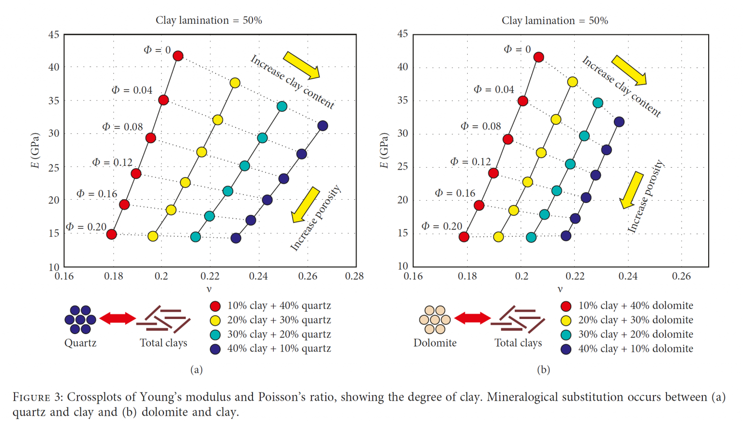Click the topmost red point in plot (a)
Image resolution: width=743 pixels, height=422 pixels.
(178, 56)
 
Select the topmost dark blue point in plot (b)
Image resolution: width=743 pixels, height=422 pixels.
(619, 122)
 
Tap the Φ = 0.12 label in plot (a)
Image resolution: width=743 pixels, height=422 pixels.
(112, 162)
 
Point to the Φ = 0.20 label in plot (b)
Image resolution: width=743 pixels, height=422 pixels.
(442, 226)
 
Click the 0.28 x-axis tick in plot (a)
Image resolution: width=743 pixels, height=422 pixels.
(355, 276)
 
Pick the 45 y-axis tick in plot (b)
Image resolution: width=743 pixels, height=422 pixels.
(402, 34)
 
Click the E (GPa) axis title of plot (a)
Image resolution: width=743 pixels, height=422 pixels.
(35, 150)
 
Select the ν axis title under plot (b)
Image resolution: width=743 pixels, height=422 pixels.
(560, 289)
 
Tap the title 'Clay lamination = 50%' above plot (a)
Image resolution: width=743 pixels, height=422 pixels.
(208, 20)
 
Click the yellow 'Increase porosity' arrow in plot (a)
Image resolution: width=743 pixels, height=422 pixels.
(306, 204)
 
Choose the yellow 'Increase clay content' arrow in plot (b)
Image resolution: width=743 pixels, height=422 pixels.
(629, 70)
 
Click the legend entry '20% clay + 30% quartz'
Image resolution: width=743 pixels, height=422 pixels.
(279, 320)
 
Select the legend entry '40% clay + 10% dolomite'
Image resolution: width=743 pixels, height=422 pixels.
(635, 349)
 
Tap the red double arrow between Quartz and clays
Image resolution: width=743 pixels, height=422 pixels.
(117, 319)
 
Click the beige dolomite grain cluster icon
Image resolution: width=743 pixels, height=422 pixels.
(434, 320)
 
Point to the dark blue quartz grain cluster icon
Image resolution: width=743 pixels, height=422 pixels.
(80, 320)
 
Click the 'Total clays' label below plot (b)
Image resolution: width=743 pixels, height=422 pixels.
(518, 343)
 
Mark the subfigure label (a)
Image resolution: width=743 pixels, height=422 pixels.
(196, 370)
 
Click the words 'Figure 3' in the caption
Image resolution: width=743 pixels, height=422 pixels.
(38, 397)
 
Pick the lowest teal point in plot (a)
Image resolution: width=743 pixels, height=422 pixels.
(195, 237)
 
